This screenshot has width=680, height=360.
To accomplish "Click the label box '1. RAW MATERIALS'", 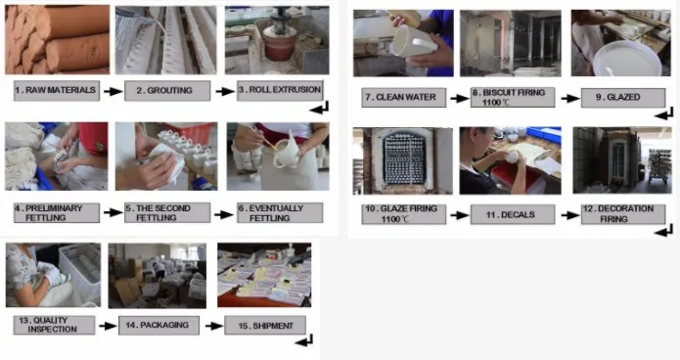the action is (57, 91).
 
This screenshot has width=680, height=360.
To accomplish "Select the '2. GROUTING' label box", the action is (167, 91).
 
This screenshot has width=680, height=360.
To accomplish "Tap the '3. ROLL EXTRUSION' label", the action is (280, 90).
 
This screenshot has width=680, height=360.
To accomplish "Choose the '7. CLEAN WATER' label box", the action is (404, 97).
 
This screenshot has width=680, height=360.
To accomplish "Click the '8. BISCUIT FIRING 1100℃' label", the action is (513, 97).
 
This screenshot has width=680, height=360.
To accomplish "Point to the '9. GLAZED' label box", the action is (623, 98).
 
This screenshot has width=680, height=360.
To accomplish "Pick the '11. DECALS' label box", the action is (513, 214).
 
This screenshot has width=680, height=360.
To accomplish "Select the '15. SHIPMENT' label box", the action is (265, 326).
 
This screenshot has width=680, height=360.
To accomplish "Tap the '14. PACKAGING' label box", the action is (159, 326).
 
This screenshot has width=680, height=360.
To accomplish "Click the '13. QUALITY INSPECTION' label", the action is (54, 325).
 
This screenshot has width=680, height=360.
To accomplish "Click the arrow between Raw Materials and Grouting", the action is (113, 92).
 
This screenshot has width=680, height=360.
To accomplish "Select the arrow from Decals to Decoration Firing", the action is (569, 215).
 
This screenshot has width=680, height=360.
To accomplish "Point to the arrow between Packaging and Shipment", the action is (214, 326).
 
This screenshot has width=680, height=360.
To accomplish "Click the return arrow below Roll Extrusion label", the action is (319, 108).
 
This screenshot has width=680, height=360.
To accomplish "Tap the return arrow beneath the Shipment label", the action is (303, 340).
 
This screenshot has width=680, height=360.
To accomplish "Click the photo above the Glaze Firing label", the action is (403, 160).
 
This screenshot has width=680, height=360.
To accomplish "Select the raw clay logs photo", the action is (58, 39).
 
